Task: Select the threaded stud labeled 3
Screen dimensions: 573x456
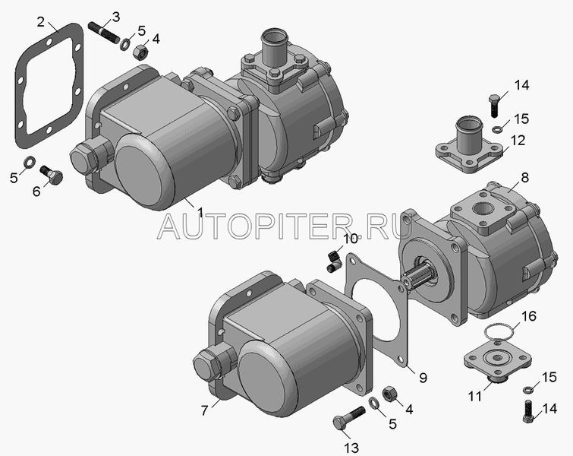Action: [x=104, y=33]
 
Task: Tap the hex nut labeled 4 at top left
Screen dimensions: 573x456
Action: [x=140, y=52]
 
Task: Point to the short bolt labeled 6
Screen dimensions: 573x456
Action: [x=51, y=176]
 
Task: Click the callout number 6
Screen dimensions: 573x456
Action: [x=36, y=191]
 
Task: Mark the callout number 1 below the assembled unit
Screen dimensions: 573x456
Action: [x=200, y=212]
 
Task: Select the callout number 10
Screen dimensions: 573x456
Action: [x=350, y=239]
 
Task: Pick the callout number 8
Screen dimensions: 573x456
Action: [x=524, y=178]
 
